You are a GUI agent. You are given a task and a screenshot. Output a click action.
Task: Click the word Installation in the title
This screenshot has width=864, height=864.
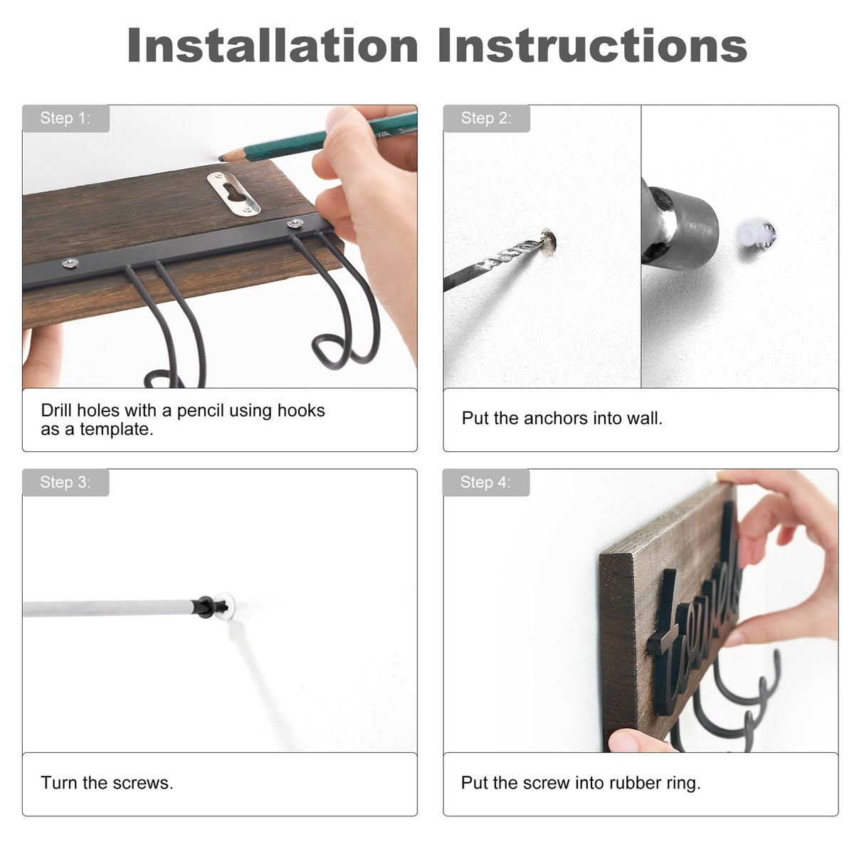[273, 45]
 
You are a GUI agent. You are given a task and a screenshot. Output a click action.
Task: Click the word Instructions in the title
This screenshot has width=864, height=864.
[592, 45]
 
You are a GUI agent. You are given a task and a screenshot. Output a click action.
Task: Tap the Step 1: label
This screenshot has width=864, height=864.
[65, 118]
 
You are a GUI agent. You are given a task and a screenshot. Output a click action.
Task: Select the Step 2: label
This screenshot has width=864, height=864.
[486, 118]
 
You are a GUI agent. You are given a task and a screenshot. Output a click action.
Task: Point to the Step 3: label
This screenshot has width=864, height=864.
[65, 482]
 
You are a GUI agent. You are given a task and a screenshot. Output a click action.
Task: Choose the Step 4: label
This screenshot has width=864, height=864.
[485, 482]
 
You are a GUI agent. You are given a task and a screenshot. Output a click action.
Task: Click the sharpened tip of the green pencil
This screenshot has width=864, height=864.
[221, 158]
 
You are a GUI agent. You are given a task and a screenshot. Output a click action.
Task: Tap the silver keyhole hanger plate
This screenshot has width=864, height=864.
[233, 194]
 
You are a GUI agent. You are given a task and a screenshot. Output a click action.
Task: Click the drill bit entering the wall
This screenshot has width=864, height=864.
[497, 261]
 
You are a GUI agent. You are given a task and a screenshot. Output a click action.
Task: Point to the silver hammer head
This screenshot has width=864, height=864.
[678, 226]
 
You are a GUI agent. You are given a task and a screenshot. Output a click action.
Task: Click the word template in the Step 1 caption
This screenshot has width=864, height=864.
[117, 430]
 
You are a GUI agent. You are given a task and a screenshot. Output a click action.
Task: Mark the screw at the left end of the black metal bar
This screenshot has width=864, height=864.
[70, 263]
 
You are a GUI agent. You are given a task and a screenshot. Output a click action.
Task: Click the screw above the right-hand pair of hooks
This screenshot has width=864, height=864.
[295, 222]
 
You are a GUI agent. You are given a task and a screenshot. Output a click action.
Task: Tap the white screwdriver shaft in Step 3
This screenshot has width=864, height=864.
[110, 609]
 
